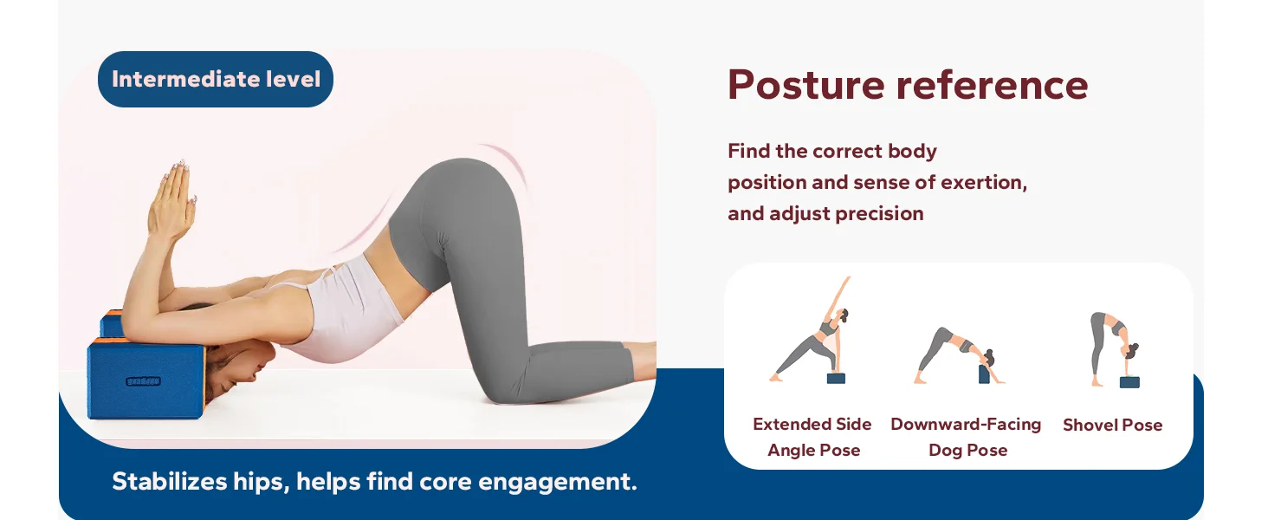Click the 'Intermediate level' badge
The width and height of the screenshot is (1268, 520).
(215, 80)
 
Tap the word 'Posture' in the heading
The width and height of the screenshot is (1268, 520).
(805, 85)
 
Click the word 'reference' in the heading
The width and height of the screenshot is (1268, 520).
(993, 85)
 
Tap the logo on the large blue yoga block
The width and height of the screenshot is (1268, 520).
(143, 381)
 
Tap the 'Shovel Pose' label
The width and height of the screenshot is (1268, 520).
(1112, 425)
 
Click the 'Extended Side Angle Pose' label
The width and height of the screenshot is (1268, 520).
(812, 437)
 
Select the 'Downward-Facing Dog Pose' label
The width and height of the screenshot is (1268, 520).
(966, 437)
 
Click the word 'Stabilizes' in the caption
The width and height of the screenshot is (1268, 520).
(170, 482)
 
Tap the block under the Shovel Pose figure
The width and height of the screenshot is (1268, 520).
(1129, 382)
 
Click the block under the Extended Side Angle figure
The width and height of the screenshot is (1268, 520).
(836, 378)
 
